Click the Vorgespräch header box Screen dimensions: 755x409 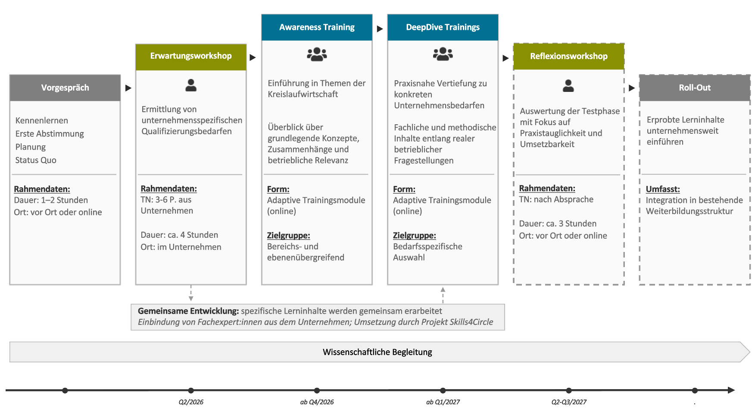coord(65,88)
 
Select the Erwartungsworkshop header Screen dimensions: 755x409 coord(191,57)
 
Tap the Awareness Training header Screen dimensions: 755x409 coord(317,27)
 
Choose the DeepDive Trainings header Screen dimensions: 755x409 coord(443,27)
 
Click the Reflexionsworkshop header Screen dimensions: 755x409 coord(569,57)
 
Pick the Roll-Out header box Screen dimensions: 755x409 coord(695,88)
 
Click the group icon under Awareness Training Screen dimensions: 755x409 coord(317,54)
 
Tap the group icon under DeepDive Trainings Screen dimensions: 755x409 coord(443,54)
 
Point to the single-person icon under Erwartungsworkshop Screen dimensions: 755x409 coord(191,85)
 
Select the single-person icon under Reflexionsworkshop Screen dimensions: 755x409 coord(568,85)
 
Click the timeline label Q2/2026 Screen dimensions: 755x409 coord(191,402)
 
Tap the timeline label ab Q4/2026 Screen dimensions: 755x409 coord(317,402)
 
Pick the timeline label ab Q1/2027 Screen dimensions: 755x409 coord(443,402)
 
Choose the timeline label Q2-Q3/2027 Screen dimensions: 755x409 coord(569,402)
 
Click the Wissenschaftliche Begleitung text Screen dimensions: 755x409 coord(377,352)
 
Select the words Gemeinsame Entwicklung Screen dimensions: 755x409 coord(188,311)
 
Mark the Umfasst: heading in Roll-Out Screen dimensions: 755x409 coord(663,189)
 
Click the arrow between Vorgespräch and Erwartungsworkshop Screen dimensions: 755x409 coord(128,88)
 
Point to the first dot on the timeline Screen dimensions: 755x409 coord(65,390)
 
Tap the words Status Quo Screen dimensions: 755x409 coord(36,160)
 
